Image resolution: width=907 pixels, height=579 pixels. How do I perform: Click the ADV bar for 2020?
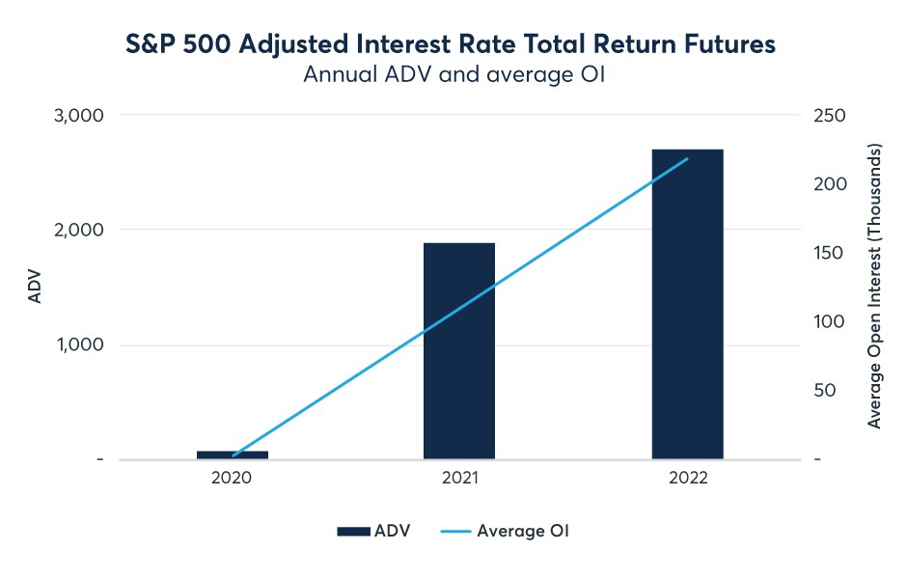point(233,455)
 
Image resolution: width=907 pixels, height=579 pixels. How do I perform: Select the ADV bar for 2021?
point(459,351)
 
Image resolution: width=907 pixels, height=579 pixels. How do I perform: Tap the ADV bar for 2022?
point(688,304)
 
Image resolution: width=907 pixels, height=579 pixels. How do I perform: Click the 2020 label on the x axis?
point(232,478)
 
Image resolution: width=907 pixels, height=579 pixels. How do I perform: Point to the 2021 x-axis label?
point(460,478)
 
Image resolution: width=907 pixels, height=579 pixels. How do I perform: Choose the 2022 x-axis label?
point(688,478)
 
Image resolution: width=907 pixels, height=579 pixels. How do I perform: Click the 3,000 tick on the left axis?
point(79,116)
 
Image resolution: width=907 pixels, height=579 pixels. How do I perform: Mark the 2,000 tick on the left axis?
point(79,231)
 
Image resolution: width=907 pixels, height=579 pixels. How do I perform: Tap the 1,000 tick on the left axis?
point(80,345)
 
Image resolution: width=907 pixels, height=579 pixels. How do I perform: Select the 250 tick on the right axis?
point(830,115)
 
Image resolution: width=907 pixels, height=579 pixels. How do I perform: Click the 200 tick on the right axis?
point(830,184)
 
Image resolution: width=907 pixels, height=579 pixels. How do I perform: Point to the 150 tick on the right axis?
point(828,253)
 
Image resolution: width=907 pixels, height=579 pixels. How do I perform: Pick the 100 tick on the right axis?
point(829,321)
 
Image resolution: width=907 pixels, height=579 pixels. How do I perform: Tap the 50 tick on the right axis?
point(825,391)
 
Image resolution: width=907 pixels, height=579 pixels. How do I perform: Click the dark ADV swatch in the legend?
point(353,531)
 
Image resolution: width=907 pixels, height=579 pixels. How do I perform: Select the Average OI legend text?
point(523,531)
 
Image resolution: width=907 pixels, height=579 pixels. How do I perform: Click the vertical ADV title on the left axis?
point(35,286)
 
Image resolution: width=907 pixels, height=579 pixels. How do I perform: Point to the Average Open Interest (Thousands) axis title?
point(874,286)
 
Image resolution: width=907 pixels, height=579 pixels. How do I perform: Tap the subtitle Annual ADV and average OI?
point(454,74)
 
